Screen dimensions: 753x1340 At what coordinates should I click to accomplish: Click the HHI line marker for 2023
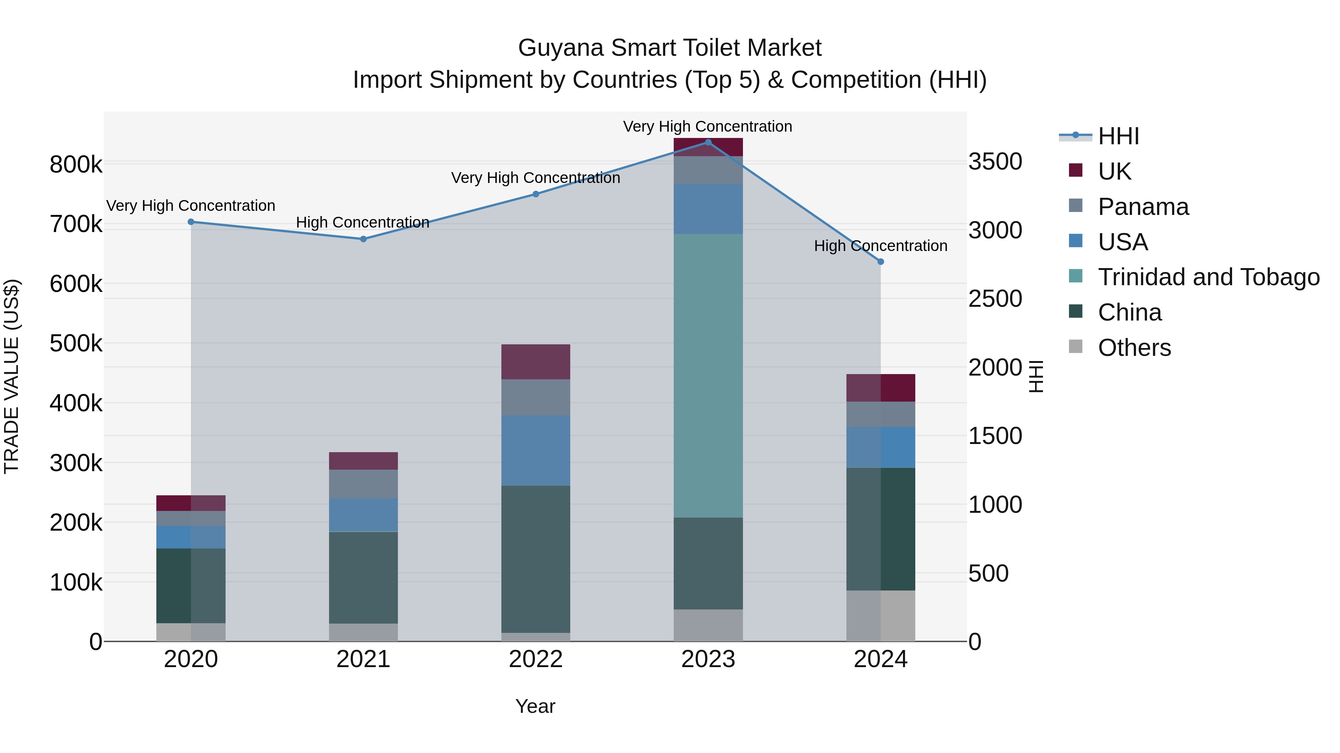(x=708, y=142)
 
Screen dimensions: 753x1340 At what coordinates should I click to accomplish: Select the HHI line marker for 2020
(x=191, y=222)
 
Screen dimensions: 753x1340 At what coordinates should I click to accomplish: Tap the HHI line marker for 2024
(x=881, y=262)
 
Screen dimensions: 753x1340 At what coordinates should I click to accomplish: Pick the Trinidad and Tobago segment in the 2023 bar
(x=708, y=375)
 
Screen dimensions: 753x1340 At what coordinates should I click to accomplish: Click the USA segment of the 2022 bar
(x=536, y=450)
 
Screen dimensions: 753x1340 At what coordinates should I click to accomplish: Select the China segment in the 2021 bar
(x=363, y=577)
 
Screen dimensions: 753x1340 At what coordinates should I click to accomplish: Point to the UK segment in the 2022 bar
(x=536, y=362)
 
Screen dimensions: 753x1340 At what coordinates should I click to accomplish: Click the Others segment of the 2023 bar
(x=708, y=625)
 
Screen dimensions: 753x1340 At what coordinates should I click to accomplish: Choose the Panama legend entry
(x=1143, y=207)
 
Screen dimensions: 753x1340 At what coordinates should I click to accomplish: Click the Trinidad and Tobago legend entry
(x=1208, y=277)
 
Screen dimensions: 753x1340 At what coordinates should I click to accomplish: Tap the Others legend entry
(x=1134, y=348)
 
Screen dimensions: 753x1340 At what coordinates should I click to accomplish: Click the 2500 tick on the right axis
(x=995, y=299)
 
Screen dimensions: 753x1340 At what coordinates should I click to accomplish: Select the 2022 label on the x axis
(x=536, y=659)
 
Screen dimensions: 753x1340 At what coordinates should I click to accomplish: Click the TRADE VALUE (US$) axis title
(x=12, y=376)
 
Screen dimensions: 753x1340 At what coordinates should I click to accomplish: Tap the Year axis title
(x=535, y=706)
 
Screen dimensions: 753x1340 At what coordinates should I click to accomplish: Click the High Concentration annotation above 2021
(x=363, y=222)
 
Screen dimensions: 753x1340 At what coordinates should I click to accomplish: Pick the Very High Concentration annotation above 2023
(x=708, y=126)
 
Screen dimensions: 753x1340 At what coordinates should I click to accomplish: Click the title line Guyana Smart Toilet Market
(x=670, y=48)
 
